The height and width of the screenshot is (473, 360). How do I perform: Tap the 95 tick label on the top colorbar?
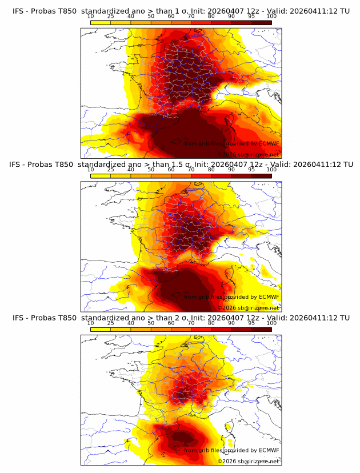tap(251, 17)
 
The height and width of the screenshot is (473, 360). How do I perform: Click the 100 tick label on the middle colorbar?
tap(271, 170)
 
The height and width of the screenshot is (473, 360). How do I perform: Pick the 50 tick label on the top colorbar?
tap(151, 17)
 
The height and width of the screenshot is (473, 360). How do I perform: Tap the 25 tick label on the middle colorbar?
tap(111, 170)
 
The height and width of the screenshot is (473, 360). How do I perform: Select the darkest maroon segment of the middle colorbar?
tap(261, 176)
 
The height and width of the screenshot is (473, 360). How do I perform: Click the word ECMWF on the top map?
tap(269, 144)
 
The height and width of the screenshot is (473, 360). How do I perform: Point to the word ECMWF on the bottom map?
tap(269, 450)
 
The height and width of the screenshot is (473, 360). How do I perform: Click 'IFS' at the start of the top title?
tap(18, 11)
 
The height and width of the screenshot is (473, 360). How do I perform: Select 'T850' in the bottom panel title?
tap(66, 318)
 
